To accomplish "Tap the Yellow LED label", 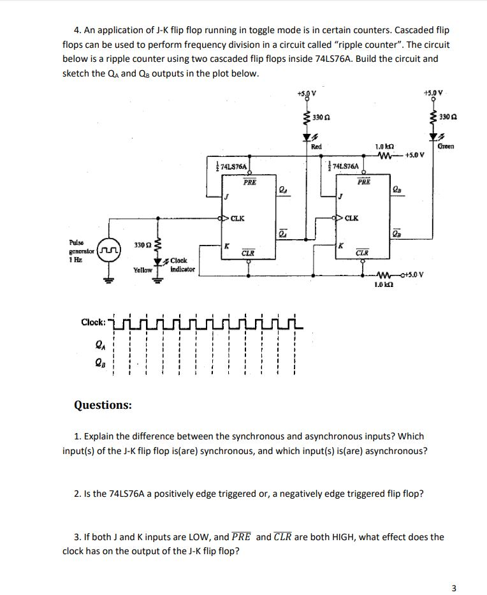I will point(142,270).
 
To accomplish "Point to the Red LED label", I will point(316,146).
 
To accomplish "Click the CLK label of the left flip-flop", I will point(238,218).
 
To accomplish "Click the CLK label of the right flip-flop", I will point(351,218).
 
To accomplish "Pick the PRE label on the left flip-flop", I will point(250,182).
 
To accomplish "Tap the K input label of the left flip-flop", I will point(227,246).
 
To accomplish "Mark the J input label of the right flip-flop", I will point(341,196).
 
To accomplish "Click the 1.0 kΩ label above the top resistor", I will point(384,146).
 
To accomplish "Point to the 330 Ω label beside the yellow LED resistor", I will point(142,245).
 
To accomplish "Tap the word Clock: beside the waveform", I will point(93,322).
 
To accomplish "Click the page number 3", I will point(453,587).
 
